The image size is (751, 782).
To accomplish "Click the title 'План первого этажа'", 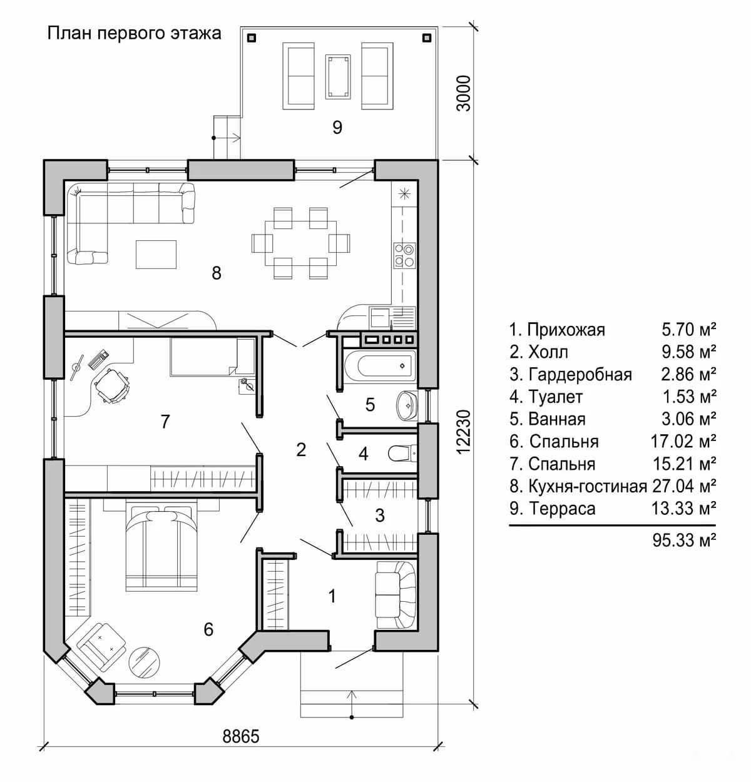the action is [135, 33].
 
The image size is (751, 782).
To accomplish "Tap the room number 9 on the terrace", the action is [337, 128].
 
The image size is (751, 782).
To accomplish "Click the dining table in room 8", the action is [301, 243].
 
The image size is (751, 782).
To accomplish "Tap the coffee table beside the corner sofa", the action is [156, 255].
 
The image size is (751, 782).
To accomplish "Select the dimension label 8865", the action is [241, 736].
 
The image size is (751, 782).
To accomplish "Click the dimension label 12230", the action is [464, 432].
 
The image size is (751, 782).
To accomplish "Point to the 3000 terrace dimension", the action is [464, 93].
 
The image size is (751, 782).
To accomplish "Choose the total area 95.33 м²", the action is [684, 540].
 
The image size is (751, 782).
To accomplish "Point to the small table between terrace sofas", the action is [338, 76].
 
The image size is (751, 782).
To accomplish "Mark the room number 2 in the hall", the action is [301, 449].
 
